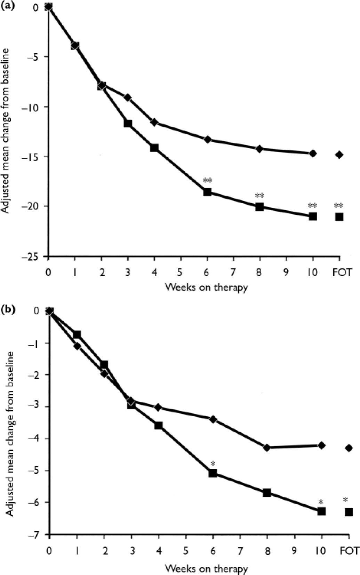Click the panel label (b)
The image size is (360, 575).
(x=7, y=309)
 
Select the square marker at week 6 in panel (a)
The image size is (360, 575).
(x=207, y=192)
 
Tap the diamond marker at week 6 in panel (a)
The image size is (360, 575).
(x=208, y=139)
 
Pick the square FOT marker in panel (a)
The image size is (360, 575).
(x=339, y=217)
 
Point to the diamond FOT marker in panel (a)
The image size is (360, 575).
(x=339, y=155)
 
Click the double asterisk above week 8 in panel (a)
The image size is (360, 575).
(x=260, y=196)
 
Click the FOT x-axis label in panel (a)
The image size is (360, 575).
(x=342, y=272)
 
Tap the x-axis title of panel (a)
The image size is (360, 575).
(x=206, y=287)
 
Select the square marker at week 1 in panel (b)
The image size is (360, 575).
(x=77, y=335)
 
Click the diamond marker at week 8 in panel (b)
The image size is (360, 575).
(x=267, y=448)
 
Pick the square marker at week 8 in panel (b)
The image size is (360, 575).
(x=267, y=493)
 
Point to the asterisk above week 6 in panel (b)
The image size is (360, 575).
(x=213, y=464)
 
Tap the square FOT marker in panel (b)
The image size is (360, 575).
(x=349, y=512)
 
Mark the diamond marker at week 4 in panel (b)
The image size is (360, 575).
(x=158, y=407)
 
